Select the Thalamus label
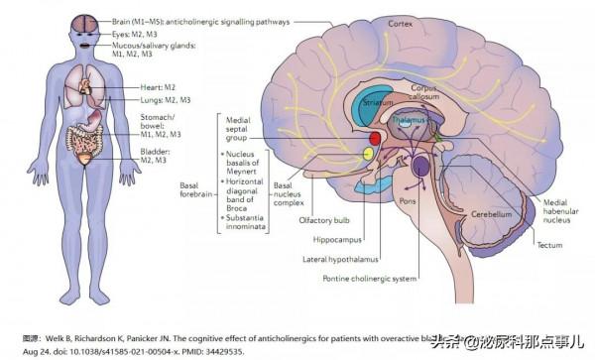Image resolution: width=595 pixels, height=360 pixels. coord(408,118)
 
